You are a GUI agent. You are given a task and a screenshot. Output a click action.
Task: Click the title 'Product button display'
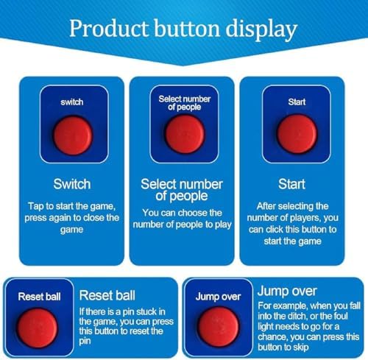[x=183, y=30]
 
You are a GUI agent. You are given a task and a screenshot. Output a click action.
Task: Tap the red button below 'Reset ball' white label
[x=46, y=325]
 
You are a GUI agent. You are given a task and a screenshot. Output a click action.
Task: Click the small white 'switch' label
[x=72, y=102]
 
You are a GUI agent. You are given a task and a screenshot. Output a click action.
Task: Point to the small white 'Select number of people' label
[x=184, y=102]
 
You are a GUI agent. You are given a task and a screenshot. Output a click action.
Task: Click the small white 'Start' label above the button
[x=296, y=102]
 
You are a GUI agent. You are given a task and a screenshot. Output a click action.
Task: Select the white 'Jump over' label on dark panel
[x=218, y=297]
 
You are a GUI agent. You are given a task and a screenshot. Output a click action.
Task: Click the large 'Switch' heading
[x=72, y=183]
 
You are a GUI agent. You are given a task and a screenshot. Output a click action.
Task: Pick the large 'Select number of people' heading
[x=184, y=189]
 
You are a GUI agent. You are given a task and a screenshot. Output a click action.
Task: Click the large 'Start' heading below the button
[x=296, y=183]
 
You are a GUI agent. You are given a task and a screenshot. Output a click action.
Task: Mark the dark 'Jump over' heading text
[x=287, y=292]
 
